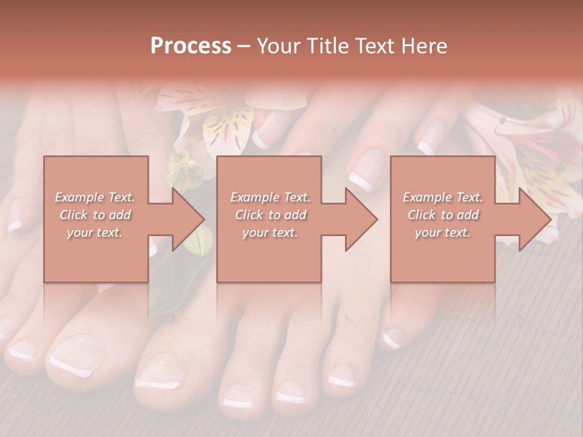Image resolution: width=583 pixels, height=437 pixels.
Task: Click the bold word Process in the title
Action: [x=191, y=46]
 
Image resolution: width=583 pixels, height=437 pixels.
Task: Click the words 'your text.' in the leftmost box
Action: [x=94, y=232]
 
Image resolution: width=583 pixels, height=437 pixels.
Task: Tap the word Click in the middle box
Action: [x=248, y=215]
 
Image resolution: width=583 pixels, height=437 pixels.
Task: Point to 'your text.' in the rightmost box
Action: [x=442, y=232]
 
